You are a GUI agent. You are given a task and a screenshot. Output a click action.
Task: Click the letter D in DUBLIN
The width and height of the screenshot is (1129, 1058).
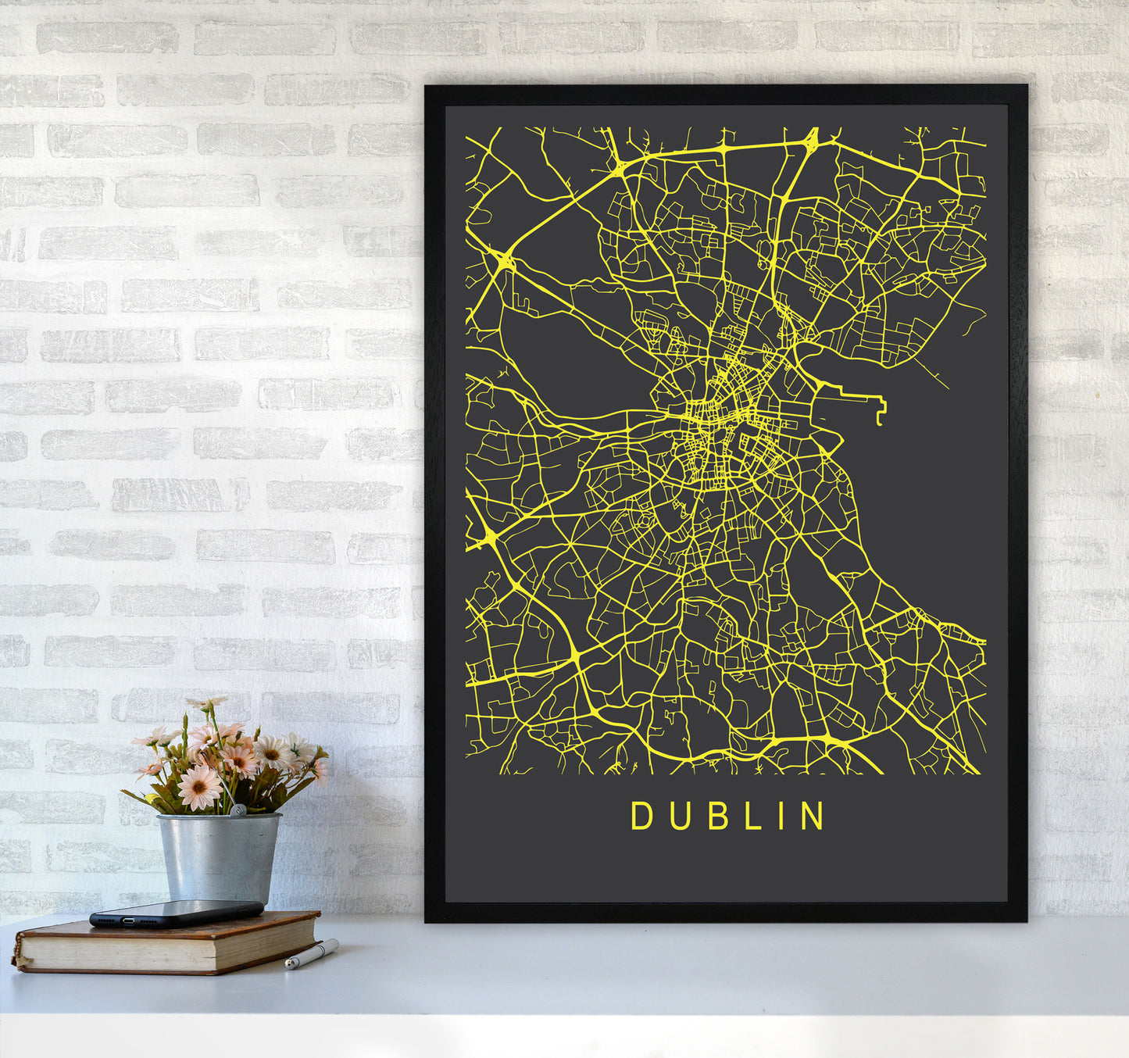pos(641,816)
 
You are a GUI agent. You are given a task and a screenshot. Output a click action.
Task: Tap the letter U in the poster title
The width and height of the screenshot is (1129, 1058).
pos(677,816)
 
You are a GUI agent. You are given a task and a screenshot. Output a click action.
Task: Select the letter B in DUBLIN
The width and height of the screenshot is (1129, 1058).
pos(714,816)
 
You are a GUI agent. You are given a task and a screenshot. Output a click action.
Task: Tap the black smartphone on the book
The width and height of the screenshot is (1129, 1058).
pos(177,913)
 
